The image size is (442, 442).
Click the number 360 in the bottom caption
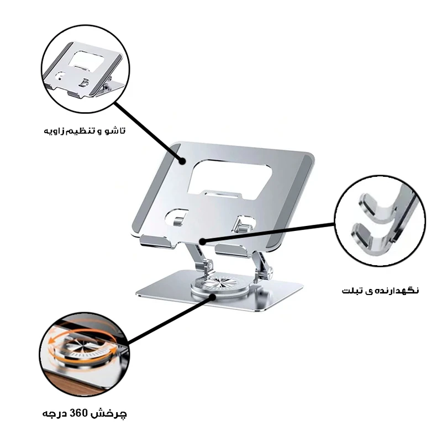click(79, 413)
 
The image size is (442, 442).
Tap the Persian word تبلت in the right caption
click(352, 291)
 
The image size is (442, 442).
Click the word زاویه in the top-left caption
click(54, 131)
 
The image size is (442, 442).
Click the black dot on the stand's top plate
click(183, 161)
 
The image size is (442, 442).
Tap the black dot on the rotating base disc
click(213, 297)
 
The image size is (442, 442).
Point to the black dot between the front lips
click(202, 241)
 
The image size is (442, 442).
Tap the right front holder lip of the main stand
click(233, 250)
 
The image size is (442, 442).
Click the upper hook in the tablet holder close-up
click(378, 205)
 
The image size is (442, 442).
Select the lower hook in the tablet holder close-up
click(371, 236)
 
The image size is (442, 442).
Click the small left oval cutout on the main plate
click(177, 217)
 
